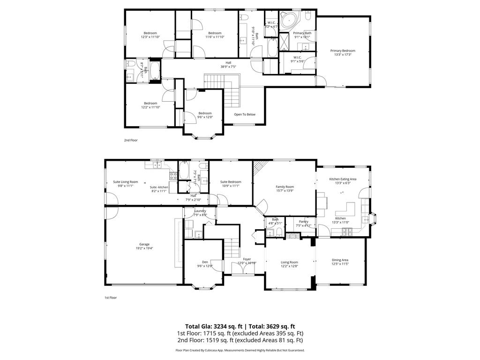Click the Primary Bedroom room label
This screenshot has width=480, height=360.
pos(342,51)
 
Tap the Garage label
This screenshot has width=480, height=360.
pos(144,244)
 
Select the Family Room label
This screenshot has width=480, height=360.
pos(285,187)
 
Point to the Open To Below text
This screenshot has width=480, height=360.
pos(245,114)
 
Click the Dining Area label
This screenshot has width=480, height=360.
pos(340,260)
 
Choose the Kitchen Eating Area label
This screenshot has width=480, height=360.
pos(343,179)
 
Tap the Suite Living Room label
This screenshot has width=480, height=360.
pos(125,182)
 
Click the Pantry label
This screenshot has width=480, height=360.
pos(303,221)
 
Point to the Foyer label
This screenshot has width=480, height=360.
pos(247,259)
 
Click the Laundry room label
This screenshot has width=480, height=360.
pos(200,211)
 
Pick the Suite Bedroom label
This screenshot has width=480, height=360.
pos(231,182)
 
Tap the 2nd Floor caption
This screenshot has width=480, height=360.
pos(131,140)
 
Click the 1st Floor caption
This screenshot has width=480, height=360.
pos(111,297)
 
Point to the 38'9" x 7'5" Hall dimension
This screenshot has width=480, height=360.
pos(228,67)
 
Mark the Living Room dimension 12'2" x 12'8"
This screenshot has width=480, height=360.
pos(289,266)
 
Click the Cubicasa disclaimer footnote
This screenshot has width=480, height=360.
pos(240,350)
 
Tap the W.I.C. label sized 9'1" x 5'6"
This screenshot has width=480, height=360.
pos(298,61)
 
